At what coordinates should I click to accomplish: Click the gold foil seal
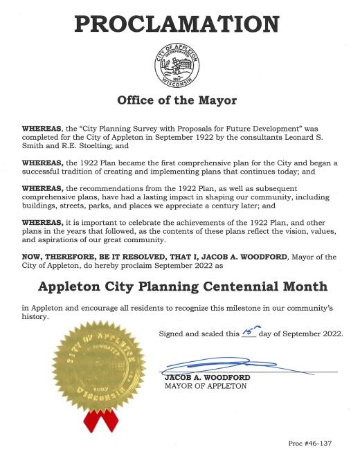click(x=96, y=365)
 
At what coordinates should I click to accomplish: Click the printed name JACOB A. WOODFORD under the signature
click(x=207, y=377)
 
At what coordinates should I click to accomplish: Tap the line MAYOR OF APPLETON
click(x=205, y=386)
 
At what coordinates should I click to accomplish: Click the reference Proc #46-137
click(x=314, y=442)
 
